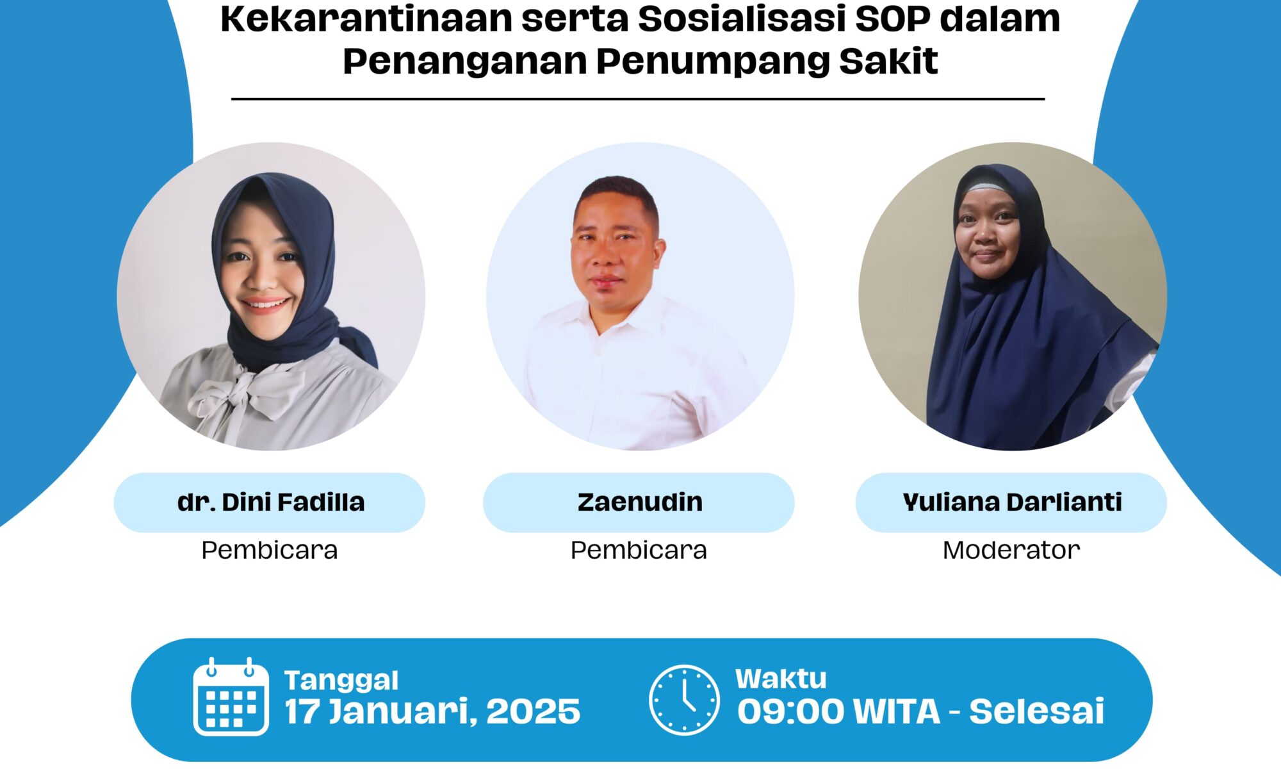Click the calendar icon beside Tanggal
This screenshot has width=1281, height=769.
coord(231,697)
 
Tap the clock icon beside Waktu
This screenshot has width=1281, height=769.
coord(684,699)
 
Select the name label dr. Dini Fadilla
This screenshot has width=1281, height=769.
coord(270,502)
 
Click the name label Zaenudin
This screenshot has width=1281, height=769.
coord(640,502)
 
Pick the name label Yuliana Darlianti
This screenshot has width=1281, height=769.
coord(1012,502)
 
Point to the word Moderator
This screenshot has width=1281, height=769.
coord(1011,550)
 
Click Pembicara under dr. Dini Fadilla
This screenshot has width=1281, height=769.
coord(270,550)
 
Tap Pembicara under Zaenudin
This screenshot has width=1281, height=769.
coord(639,550)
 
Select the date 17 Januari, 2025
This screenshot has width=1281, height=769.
coord(432,712)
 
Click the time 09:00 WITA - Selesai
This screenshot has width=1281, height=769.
coord(921,711)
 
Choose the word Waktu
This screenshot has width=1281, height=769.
coord(781,679)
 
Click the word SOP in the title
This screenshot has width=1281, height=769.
coord(892,19)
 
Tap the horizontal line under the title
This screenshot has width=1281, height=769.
coord(638,99)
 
